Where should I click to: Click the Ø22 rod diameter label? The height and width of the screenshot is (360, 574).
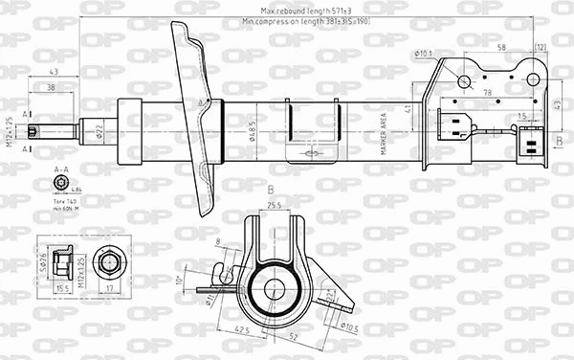pyautogui.click(x=99, y=130)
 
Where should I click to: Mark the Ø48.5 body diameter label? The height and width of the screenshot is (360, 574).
pyautogui.click(x=251, y=131)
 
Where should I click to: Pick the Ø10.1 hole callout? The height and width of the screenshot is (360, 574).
pyautogui.click(x=426, y=55)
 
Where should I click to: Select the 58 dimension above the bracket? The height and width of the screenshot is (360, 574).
pyautogui.click(x=501, y=46)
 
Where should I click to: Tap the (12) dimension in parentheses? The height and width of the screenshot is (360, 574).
pyautogui.click(x=540, y=46)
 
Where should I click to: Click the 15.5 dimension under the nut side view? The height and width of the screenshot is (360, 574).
pyautogui.click(x=64, y=288)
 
